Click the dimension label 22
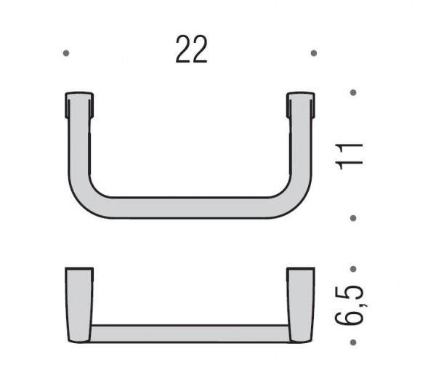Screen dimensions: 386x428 [x=191, y=49]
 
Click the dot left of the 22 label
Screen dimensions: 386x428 [x=66, y=53]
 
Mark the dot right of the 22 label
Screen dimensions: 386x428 [x=313, y=53]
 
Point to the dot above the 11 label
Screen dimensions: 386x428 [x=353, y=92]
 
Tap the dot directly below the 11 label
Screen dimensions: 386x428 [x=353, y=217]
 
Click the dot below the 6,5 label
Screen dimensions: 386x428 [x=353, y=342]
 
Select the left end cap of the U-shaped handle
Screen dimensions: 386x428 [x=79, y=105]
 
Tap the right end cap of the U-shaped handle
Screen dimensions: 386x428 [x=300, y=105]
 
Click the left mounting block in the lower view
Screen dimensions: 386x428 [x=78, y=304]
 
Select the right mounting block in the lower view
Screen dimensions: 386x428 [x=300, y=304]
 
